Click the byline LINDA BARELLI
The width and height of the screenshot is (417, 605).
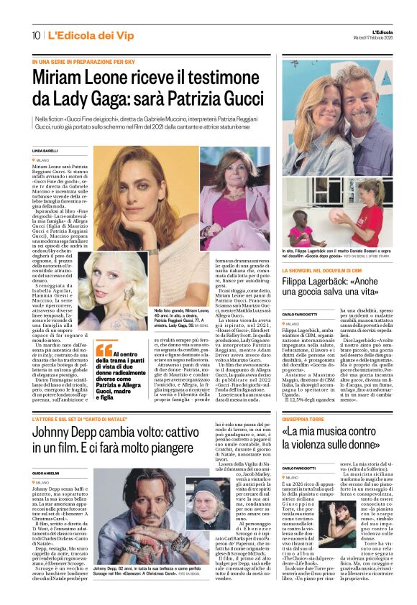(x=45, y=150)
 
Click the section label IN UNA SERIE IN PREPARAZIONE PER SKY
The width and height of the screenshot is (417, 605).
(x=83, y=63)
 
